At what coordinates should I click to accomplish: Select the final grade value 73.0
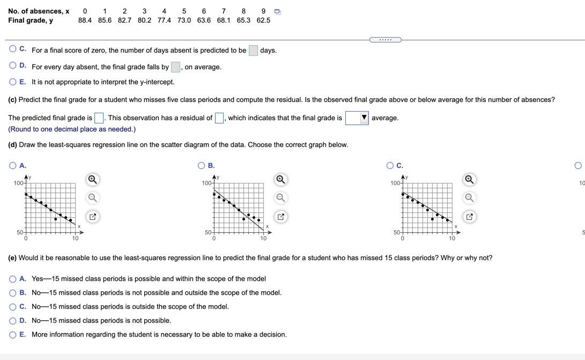click(184, 20)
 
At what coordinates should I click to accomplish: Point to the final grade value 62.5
click(263, 20)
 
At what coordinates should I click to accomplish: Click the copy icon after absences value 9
click(277, 11)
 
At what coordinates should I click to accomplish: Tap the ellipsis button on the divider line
click(385, 39)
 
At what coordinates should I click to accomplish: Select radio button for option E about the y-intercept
click(13, 82)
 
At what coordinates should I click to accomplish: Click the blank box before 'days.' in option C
click(253, 50)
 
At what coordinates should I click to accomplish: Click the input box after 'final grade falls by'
click(175, 67)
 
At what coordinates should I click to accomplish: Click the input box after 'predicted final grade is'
click(99, 118)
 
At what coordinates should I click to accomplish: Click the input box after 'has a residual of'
click(219, 118)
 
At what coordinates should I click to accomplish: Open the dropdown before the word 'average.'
click(357, 118)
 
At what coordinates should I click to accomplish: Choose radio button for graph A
click(13, 166)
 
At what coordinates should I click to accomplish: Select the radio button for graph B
click(202, 166)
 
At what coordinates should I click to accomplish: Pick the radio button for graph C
click(390, 166)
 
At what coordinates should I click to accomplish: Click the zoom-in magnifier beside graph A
click(92, 179)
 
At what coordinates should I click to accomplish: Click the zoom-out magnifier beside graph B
click(280, 198)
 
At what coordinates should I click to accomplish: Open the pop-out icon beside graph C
click(469, 217)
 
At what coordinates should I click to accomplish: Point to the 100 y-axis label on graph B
click(206, 183)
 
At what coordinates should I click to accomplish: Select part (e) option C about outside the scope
click(13, 307)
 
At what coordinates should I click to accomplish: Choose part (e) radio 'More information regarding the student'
click(13, 335)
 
